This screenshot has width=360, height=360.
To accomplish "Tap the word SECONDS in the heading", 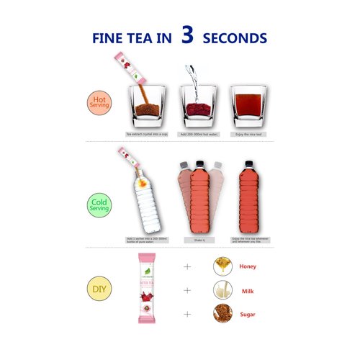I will point(235,38).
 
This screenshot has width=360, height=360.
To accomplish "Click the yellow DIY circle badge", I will point(99,291).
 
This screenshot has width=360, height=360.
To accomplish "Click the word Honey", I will point(248,266).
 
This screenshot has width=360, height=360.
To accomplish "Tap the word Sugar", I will point(247,315).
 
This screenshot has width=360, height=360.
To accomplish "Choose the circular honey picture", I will point(222,266).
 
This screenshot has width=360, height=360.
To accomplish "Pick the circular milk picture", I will point(222,291).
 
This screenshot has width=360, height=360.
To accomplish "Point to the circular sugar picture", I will point(222,315).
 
